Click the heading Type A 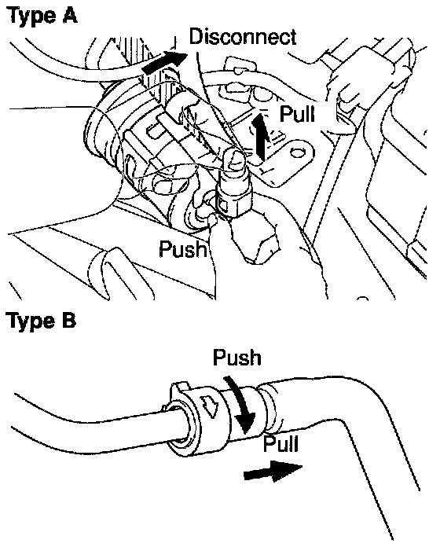pyautogui.click(x=42, y=16)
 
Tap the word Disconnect pyautogui.click(x=243, y=37)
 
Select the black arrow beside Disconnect pyautogui.click(x=164, y=62)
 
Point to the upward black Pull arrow pyautogui.click(x=260, y=137)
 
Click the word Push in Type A pyautogui.click(x=183, y=248)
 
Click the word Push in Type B pyautogui.click(x=237, y=358)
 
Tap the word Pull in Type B pyautogui.click(x=281, y=443)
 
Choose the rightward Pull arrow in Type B pyautogui.click(x=273, y=471)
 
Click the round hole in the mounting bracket pyautogui.click(x=297, y=152)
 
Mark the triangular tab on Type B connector pyautogui.click(x=210, y=406)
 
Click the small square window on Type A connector pyautogui.click(x=223, y=207)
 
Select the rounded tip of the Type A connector pyautogui.click(x=234, y=159)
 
